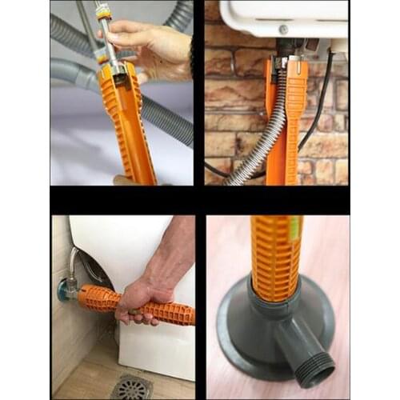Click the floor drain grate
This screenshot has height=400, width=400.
tap(131, 387)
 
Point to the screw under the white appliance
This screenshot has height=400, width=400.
tap(283, 30)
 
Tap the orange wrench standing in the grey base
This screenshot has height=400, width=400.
tap(276, 256)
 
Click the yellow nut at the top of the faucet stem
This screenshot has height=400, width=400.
tap(101, 11)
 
